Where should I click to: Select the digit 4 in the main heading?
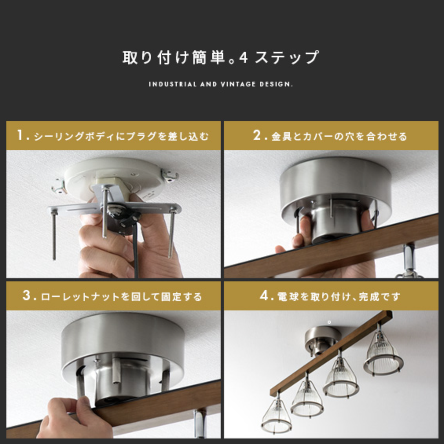[243, 58]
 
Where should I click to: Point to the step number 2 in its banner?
[257, 135]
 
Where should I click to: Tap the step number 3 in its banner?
[26, 295]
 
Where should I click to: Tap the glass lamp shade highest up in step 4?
[383, 354]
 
